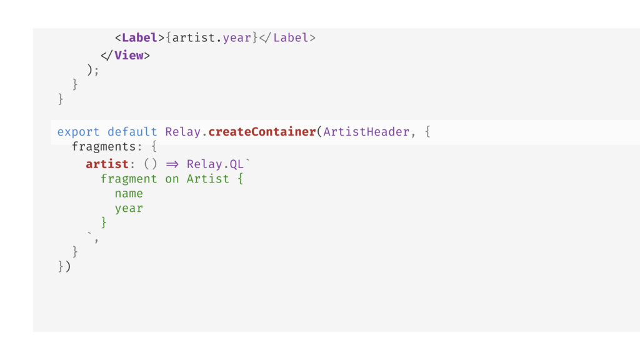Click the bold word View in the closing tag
[129, 56]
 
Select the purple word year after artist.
[237, 38]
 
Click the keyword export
[78, 132]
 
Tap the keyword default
[132, 132]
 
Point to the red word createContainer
[262, 132]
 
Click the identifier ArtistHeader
[366, 132]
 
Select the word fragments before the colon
[104, 147]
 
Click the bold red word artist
[107, 164]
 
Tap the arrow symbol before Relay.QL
[172, 164]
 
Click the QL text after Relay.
[236, 164]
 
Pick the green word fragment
[129, 179]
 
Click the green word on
[172, 179]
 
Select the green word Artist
[207, 179]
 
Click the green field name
[129, 194]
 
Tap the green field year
[129, 209]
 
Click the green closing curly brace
[104, 222]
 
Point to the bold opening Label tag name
[139, 38]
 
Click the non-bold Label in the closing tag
[291, 38]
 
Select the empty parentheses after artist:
[150, 164]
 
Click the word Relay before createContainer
[183, 132]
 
